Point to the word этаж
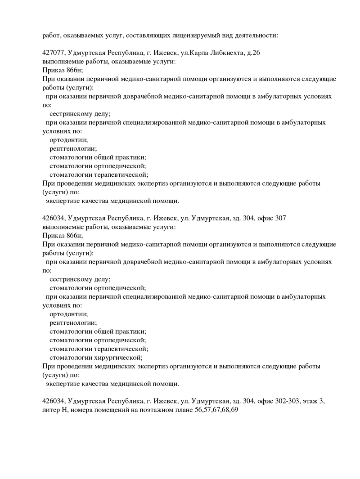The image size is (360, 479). pyautogui.click(x=311, y=402)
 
